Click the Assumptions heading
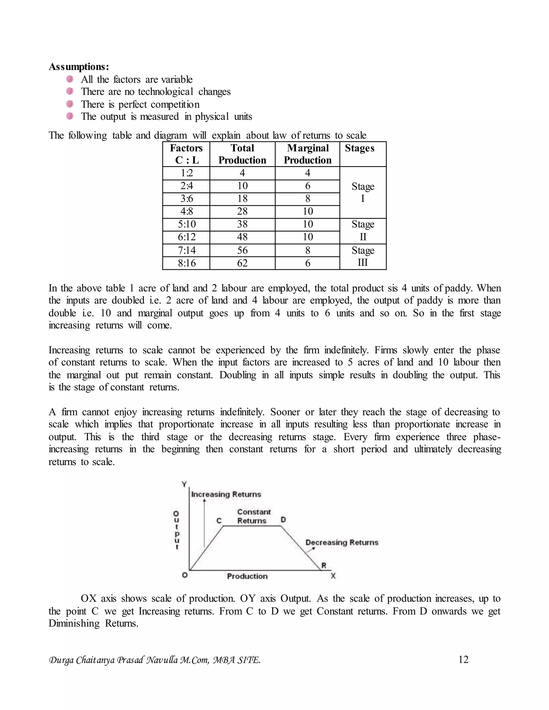click(x=79, y=67)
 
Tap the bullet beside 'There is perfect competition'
click(x=70, y=104)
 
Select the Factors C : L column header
click(x=186, y=154)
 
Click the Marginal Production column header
click(x=307, y=154)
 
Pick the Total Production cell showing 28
click(x=242, y=211)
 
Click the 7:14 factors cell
click(x=186, y=250)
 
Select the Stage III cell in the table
click(x=363, y=256)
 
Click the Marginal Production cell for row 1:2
click(x=307, y=173)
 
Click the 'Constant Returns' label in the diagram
click(x=253, y=516)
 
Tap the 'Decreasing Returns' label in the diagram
click(x=342, y=542)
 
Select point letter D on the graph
click(x=283, y=520)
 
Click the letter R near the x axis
click(x=324, y=566)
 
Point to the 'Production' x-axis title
click(x=247, y=576)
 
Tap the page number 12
click(x=463, y=660)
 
